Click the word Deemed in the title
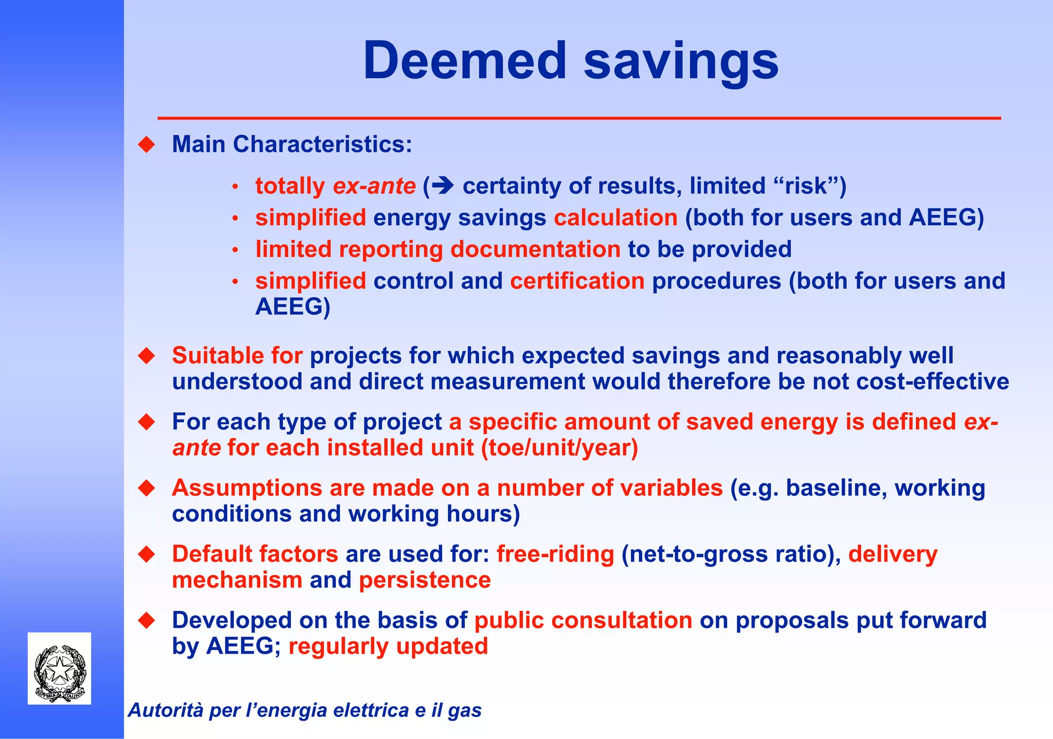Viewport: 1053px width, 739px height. pos(464,61)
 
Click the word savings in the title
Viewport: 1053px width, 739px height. pos(681,62)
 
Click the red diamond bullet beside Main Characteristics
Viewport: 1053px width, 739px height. pos(147,145)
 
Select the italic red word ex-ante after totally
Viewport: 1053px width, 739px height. pos(374,186)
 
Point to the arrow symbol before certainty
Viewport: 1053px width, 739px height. pos(443,185)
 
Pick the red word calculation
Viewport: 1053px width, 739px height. pos(615,218)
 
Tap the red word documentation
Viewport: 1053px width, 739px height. pos(535,249)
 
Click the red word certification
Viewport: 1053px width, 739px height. pos(577,281)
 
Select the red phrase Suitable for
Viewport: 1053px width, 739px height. pos(237,356)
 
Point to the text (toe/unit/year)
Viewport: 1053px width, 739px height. pos(559,448)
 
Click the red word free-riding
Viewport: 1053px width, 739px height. pos(555,554)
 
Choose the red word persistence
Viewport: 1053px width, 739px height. pos(425,580)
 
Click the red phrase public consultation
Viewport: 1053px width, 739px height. pos(583,620)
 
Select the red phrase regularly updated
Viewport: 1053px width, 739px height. pos(388,646)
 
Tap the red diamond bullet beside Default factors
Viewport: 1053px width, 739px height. pos(147,554)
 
